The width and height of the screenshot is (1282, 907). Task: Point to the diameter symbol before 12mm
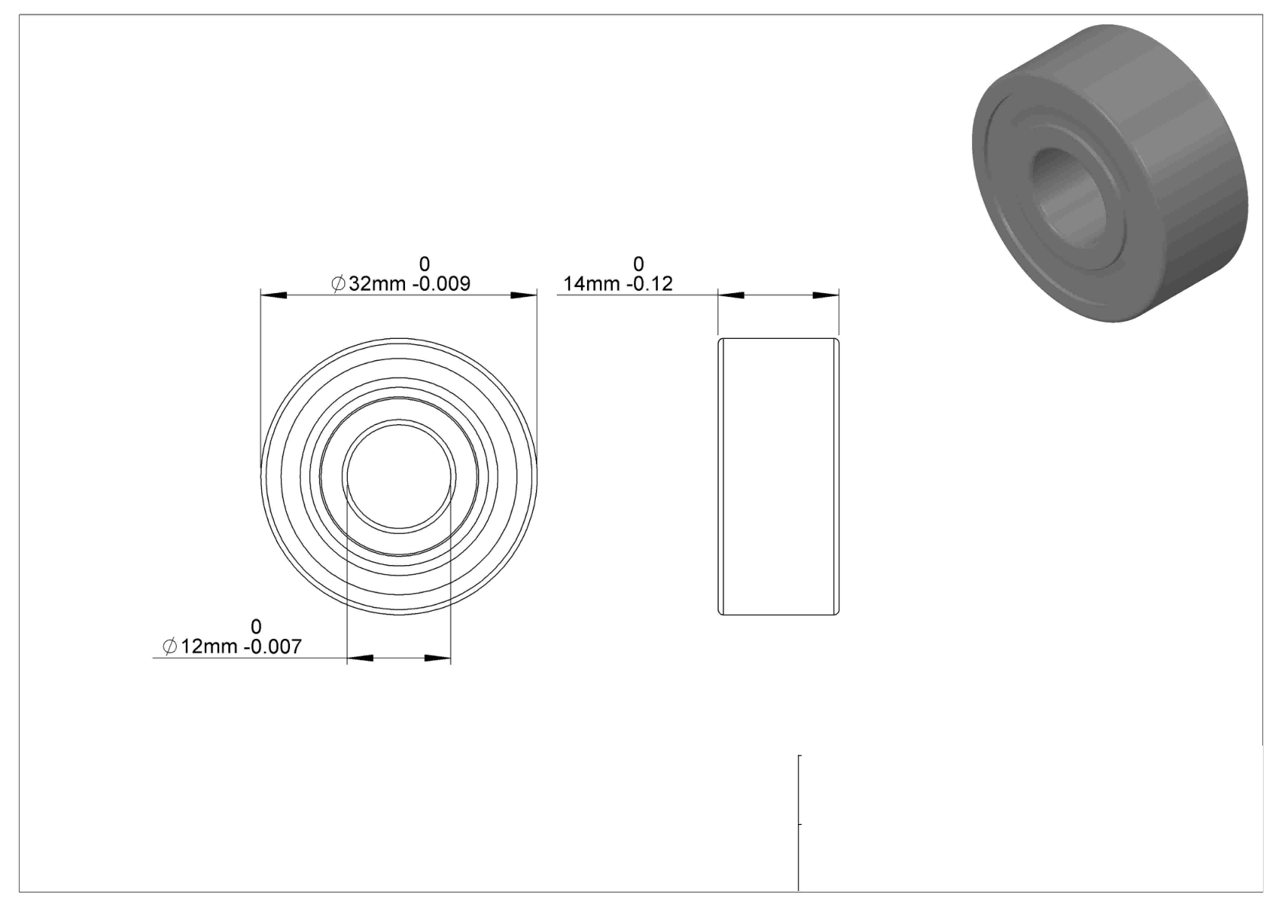click(x=170, y=647)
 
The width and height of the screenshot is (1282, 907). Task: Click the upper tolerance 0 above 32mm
click(x=424, y=264)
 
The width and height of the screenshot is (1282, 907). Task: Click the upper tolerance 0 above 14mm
click(x=638, y=264)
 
